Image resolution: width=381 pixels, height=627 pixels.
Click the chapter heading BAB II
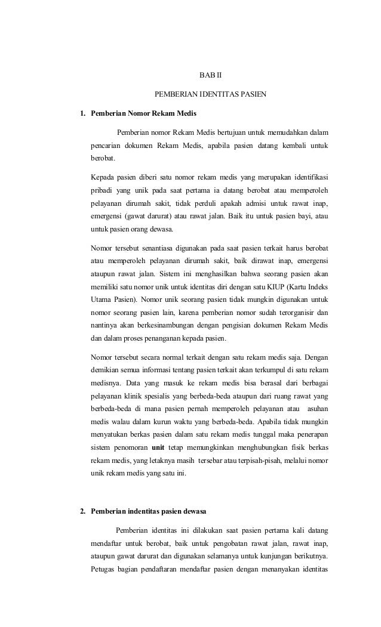coord(210,76)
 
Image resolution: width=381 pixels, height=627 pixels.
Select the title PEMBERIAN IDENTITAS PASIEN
coord(210,94)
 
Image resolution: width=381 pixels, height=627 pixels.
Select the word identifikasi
coord(312,177)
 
